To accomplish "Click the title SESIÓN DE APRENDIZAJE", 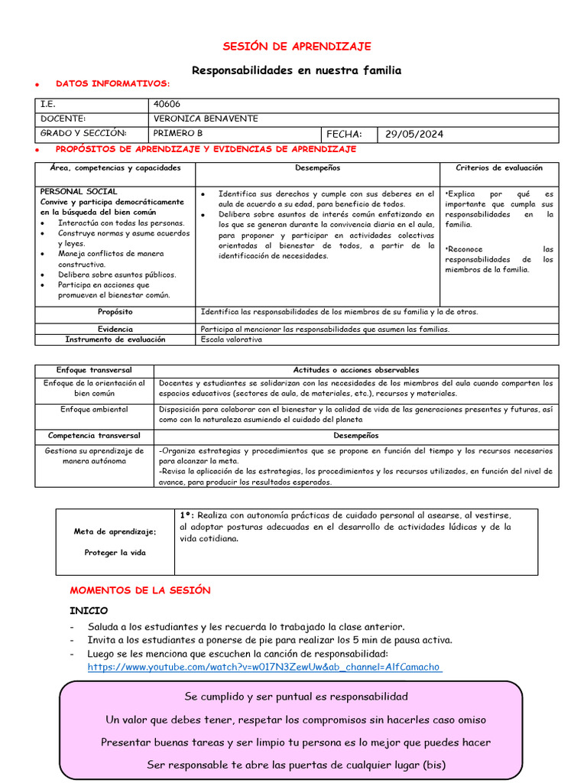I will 297,47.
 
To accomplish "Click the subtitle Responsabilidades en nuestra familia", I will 297,70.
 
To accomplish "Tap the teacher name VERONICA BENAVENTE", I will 206,119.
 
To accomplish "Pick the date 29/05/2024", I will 413,134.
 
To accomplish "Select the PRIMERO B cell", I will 178,133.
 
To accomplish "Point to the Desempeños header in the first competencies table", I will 317,167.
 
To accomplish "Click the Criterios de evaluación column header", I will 499,167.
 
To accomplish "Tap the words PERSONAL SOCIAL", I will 79,191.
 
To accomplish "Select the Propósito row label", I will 115,312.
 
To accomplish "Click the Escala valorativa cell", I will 231,340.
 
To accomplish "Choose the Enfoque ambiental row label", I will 94,409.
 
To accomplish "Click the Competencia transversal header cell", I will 94,435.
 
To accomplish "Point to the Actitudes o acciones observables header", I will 356,370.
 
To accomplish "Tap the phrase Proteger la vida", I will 115,552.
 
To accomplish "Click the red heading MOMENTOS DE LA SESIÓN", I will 140,590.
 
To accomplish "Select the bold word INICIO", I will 89,610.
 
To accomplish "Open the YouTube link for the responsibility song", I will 264,667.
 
